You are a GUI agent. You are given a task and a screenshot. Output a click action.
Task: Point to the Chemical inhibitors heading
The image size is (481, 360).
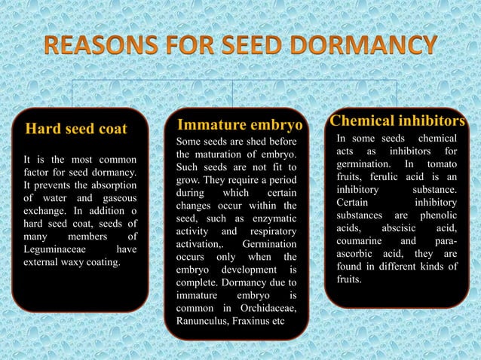[x=397, y=121]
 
